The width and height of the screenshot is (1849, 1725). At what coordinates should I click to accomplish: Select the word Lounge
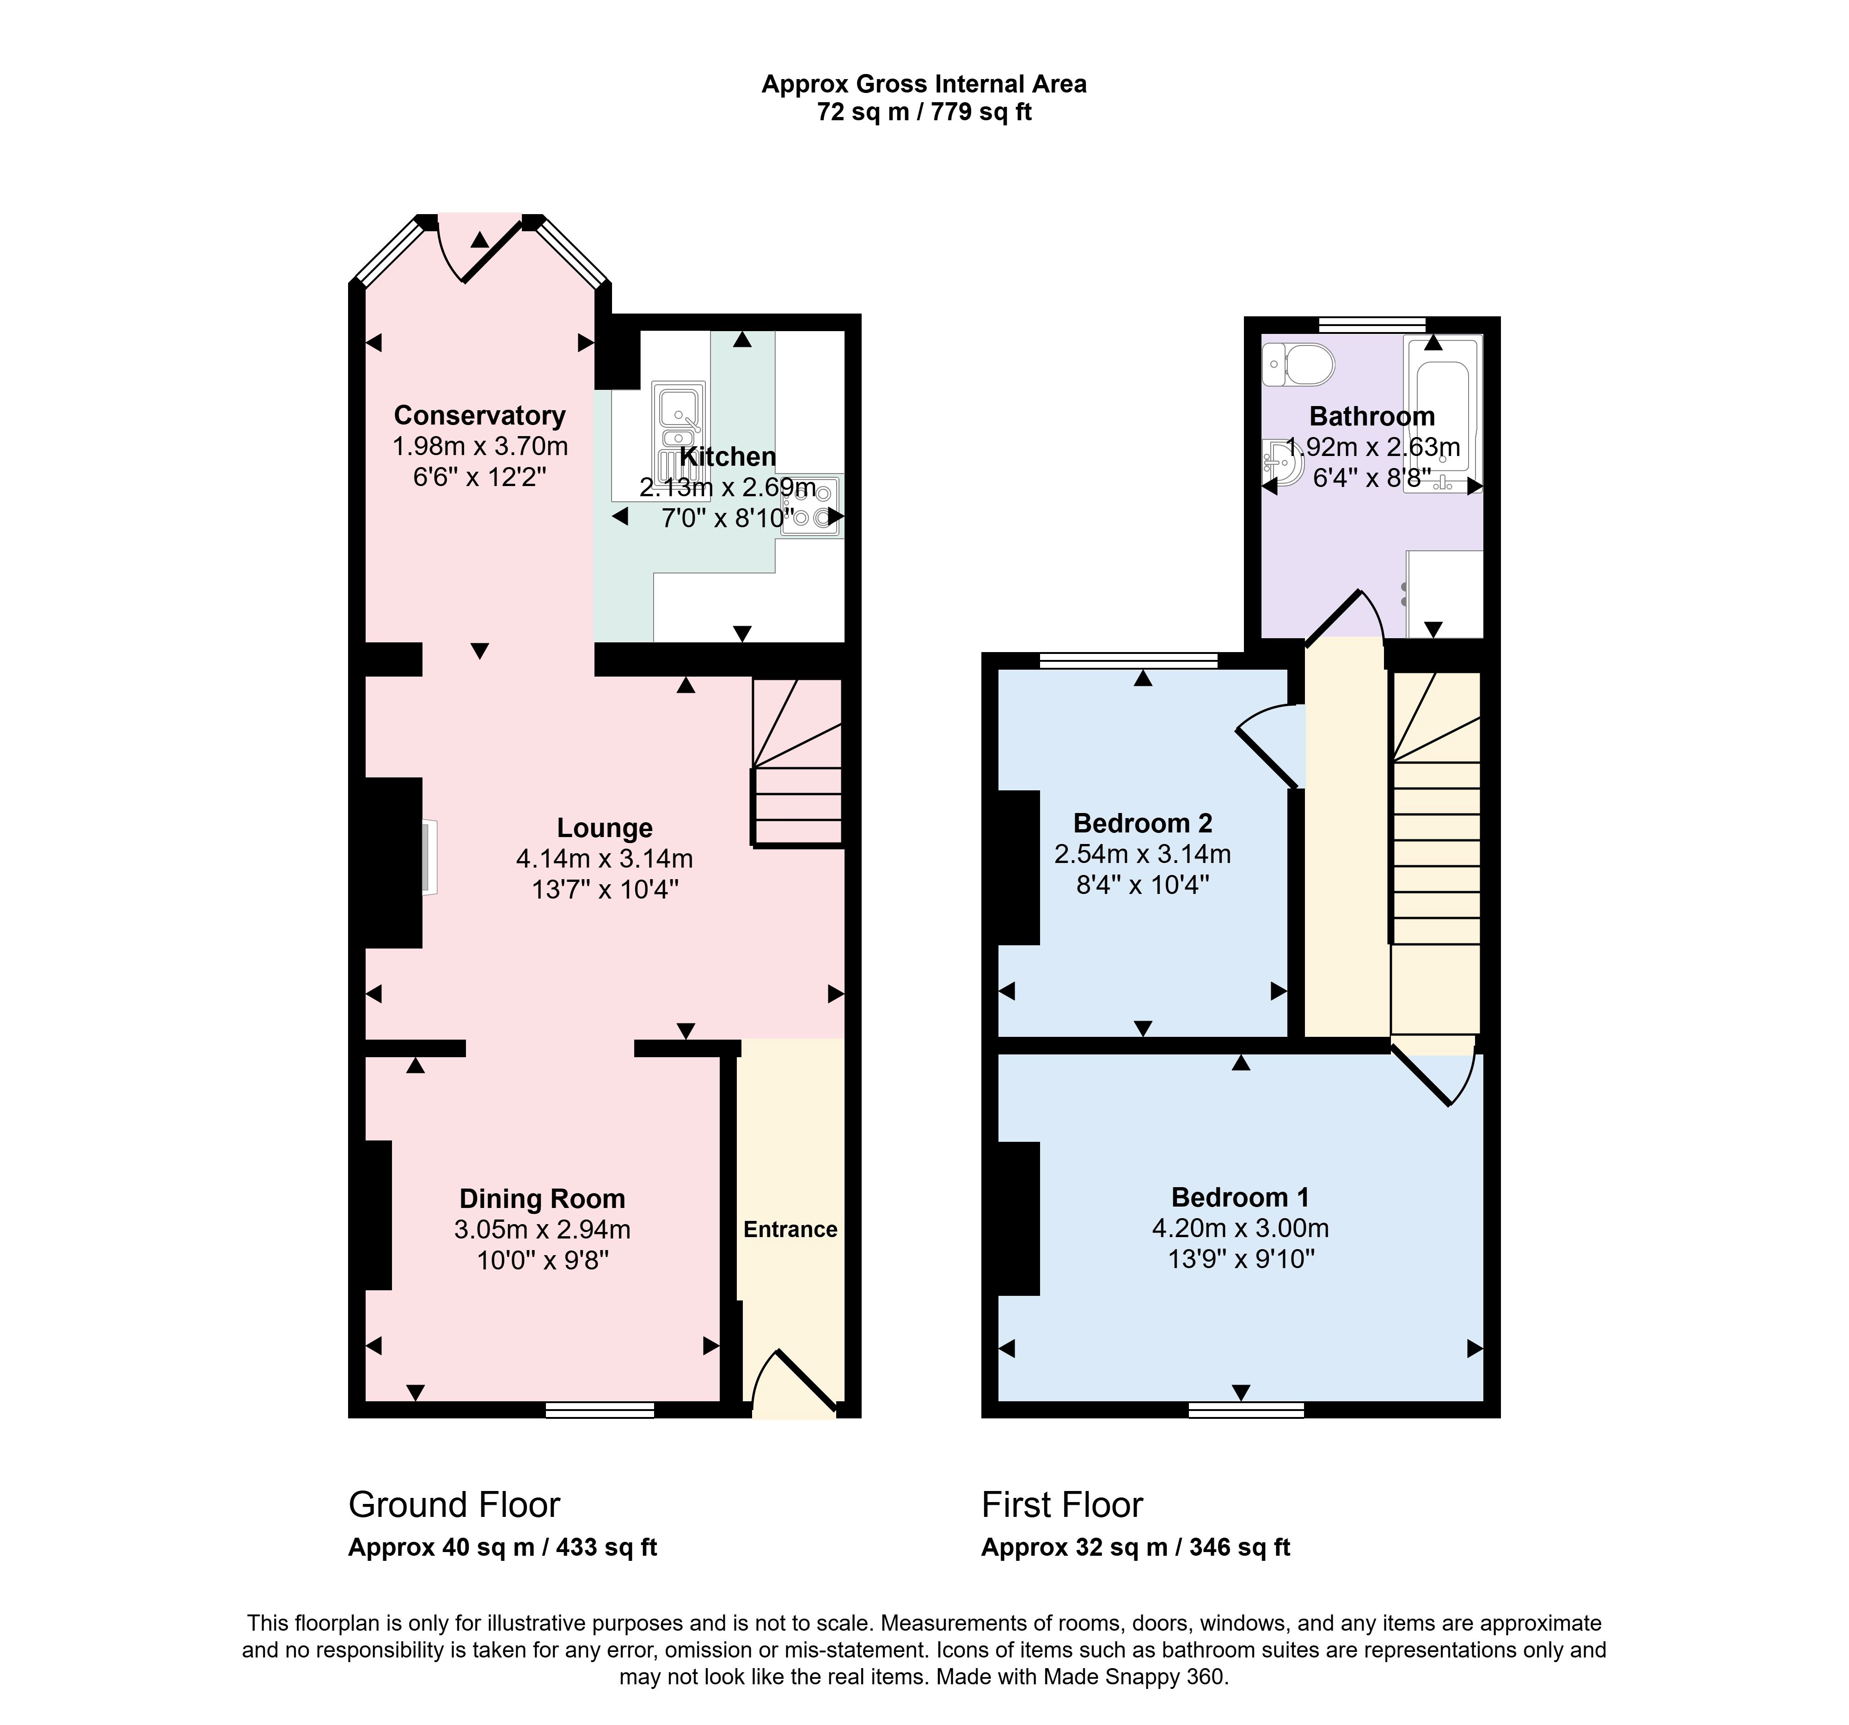(605, 828)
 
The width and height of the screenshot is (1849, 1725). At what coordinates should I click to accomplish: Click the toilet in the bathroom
(1299, 364)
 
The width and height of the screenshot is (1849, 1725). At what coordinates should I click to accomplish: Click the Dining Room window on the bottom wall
(600, 1411)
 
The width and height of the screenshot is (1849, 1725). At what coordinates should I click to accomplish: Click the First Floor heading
(1062, 1504)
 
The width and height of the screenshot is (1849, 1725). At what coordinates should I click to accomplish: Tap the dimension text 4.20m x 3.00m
(1241, 1228)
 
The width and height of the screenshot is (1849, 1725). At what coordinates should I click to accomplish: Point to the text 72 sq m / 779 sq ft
(924, 112)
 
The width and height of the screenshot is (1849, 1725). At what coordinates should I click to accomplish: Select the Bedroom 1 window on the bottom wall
(1246, 1411)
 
